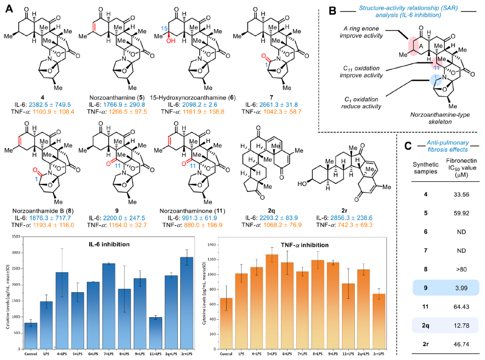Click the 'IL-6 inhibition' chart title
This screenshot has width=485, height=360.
tap(109, 245)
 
